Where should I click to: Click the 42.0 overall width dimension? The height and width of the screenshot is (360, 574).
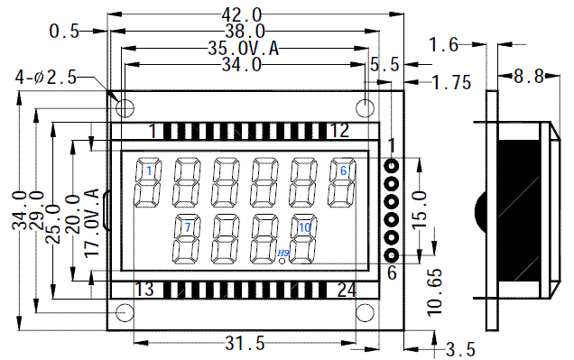(x=242, y=15)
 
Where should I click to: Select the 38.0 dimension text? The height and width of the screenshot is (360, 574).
(x=245, y=31)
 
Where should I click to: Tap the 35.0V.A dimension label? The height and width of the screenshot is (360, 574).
(x=244, y=49)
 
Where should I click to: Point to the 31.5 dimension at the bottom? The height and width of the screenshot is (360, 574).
(x=245, y=343)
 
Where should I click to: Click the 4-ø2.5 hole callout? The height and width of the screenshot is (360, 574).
(x=46, y=78)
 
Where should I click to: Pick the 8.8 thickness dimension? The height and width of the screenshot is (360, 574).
(x=529, y=77)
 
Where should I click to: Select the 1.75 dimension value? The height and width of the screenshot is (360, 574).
(x=452, y=82)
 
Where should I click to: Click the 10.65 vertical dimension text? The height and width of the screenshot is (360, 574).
(x=434, y=292)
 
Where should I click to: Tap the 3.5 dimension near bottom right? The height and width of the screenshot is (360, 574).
(x=460, y=349)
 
